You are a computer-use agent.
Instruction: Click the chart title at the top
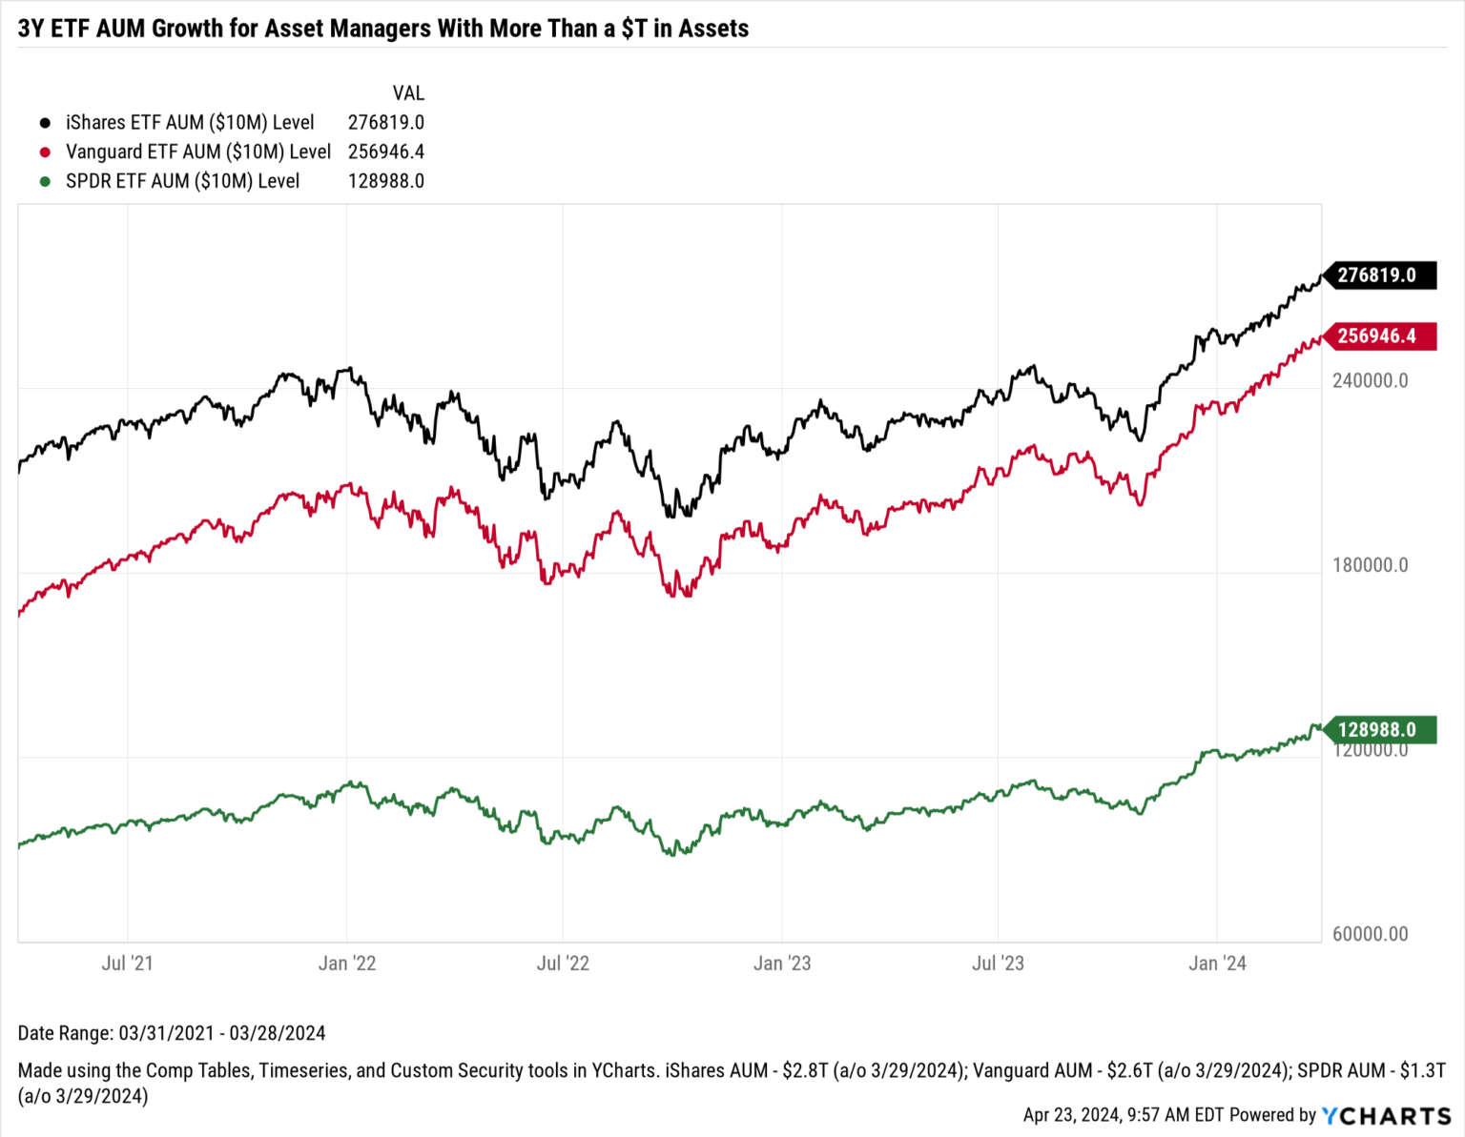383,29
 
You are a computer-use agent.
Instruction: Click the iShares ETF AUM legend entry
189,122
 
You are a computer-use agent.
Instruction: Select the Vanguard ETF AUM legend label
197,152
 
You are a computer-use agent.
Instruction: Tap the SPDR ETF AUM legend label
182,181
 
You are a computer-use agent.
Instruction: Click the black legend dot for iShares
45,123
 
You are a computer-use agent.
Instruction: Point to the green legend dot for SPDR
45,181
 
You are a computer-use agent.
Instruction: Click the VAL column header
408,93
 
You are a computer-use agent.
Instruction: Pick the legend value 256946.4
385,152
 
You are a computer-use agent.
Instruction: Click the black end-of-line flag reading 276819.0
1378,275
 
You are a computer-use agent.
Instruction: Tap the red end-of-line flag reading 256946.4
1378,335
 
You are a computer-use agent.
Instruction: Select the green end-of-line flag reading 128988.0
1378,730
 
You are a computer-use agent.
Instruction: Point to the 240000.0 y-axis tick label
1370,380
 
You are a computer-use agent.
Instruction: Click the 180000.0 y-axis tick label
1370,565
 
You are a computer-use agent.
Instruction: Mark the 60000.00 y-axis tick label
1370,934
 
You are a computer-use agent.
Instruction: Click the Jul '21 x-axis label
127,964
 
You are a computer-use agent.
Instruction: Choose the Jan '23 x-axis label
782,964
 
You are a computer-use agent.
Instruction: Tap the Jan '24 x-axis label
1217,964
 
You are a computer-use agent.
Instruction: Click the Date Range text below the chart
172,1033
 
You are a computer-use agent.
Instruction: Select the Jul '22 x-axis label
563,964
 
